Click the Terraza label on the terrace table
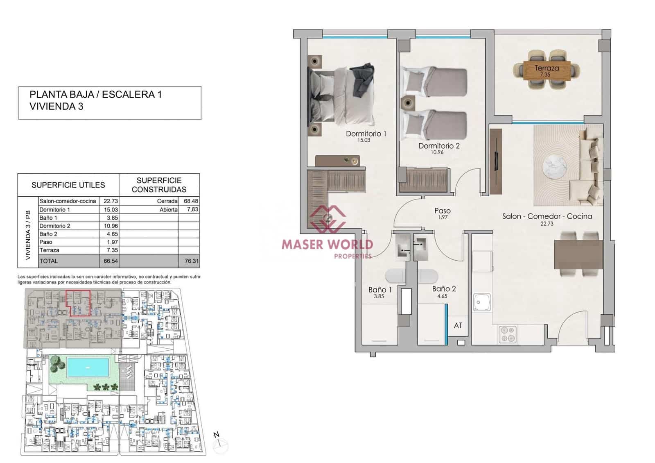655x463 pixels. [x=547, y=68]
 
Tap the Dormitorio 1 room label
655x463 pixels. [x=366, y=134]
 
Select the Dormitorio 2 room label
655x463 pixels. [x=439, y=146]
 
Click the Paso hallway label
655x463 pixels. [x=443, y=211]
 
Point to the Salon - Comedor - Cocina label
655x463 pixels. [x=547, y=216]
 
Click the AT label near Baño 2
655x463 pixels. [x=458, y=325]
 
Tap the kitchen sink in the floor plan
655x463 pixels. [x=482, y=302]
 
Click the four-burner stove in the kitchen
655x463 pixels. [x=508, y=334]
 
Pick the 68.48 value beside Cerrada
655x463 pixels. [x=191, y=201]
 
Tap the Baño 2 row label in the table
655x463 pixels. [x=48, y=234]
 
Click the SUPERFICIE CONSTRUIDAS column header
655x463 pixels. [x=159, y=185]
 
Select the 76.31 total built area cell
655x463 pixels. [x=191, y=261]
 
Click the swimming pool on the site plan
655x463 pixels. [x=88, y=367]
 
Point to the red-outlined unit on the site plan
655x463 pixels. [x=78, y=303]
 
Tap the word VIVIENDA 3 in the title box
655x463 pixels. [x=56, y=107]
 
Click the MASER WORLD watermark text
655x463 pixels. [x=327, y=245]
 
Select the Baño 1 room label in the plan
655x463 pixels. [x=379, y=290]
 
